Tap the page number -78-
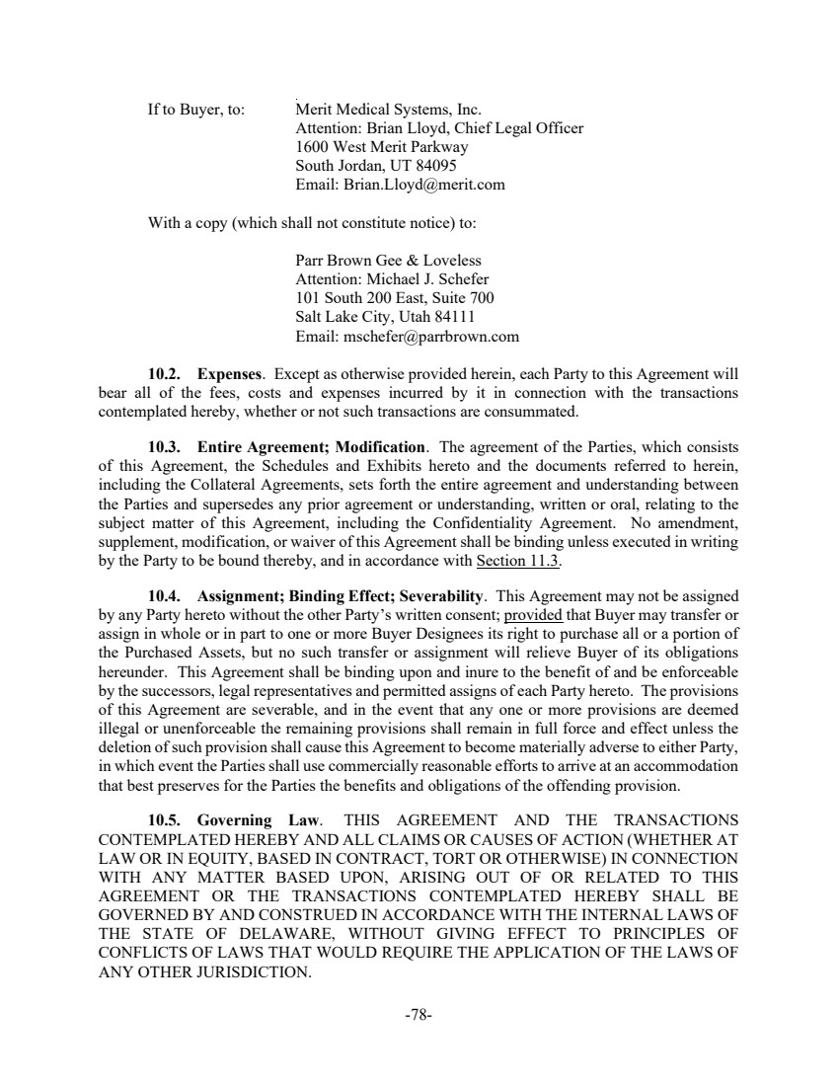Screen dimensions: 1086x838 coord(419,1014)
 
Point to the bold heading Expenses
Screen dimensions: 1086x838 coord(230,375)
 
